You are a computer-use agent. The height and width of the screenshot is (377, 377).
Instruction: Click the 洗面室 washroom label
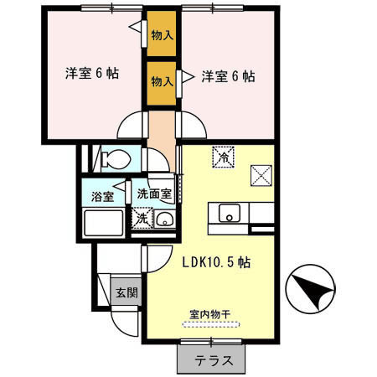pos(154,193)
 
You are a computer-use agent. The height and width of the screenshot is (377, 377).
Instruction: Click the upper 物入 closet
pos(163,35)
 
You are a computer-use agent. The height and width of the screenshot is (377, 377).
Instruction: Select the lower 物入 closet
pos(163,82)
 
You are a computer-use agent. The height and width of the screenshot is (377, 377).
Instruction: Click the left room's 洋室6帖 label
pos(92,74)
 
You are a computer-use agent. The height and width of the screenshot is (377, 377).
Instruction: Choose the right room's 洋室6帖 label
pos(228,76)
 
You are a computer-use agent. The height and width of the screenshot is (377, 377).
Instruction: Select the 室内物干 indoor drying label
pos(209,314)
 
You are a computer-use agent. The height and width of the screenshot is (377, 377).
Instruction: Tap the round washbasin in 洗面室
pos(164,220)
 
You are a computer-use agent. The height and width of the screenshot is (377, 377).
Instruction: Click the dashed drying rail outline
pos(210,325)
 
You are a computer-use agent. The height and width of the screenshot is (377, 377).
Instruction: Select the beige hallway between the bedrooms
pos(161,130)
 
